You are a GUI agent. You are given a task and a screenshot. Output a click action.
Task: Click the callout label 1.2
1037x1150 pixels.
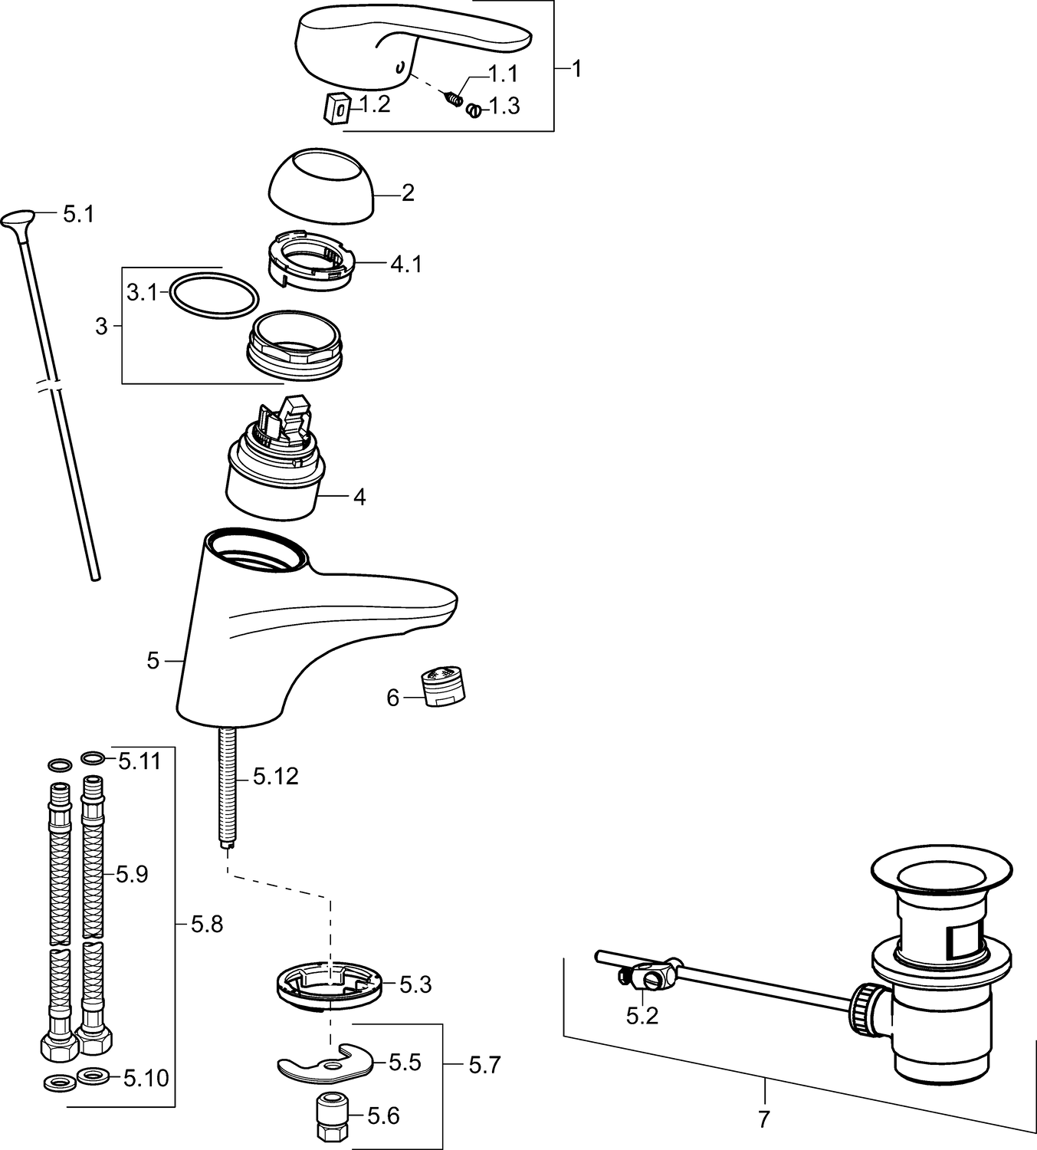pyautogui.click(x=375, y=105)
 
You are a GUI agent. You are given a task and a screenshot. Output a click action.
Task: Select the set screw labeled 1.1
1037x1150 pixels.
pyautogui.click(x=454, y=98)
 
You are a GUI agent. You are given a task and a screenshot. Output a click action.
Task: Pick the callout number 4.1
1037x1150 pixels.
pyautogui.click(x=406, y=264)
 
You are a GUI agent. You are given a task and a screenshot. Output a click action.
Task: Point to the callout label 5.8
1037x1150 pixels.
pyautogui.click(x=206, y=925)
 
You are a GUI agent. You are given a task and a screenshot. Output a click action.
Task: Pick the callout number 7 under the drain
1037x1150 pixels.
pyautogui.click(x=763, y=1119)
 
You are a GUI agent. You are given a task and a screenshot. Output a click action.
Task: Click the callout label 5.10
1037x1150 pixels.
pyautogui.click(x=146, y=1078)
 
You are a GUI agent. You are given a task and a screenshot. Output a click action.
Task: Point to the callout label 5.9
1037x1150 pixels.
pyautogui.click(x=133, y=874)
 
